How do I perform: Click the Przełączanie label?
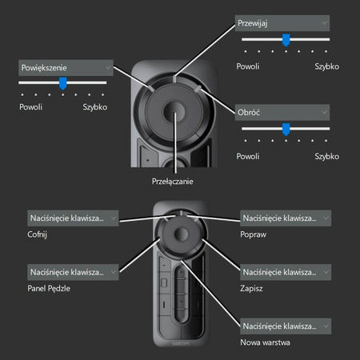[173, 182]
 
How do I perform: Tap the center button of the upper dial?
[175, 114]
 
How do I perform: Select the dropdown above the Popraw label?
[284, 217]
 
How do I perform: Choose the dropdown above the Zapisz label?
[284, 272]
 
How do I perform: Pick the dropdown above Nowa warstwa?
[284, 326]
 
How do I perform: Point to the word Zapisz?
[254, 291]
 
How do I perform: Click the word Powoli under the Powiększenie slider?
[30, 106]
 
